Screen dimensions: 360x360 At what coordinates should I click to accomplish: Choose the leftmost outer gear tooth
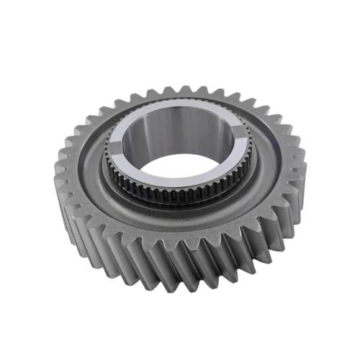60,173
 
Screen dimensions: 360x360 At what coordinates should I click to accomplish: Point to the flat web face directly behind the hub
180,102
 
